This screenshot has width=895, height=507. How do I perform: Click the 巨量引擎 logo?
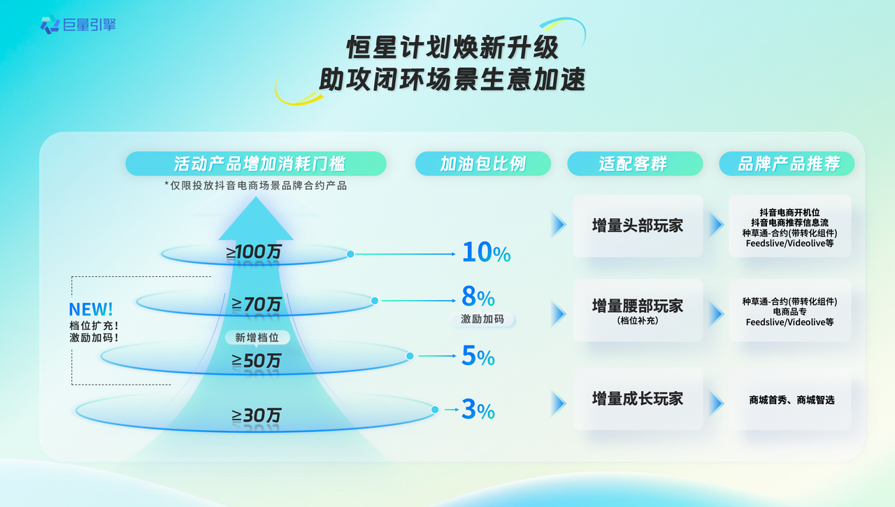coord(78,24)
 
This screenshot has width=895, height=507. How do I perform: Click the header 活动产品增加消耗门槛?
coord(256,164)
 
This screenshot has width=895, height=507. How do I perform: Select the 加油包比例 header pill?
coord(483,164)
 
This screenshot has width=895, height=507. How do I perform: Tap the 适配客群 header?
coord(635,164)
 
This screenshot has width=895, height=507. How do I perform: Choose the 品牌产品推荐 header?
coord(787,164)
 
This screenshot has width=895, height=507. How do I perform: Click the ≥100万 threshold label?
coord(254,252)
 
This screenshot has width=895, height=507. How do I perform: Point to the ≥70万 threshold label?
coord(257,304)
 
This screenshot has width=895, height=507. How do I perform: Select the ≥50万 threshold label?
coord(257,361)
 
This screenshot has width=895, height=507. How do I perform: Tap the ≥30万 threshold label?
coord(257,415)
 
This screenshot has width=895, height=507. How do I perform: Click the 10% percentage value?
coord(486,252)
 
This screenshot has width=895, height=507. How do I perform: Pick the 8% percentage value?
coord(478,297)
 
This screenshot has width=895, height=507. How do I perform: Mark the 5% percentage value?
coord(478,356)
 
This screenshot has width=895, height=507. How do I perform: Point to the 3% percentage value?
coord(478,410)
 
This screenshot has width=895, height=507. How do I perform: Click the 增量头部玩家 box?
coord(638,226)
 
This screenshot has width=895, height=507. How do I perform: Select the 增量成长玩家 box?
coord(638,399)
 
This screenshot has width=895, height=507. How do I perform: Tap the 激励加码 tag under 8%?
coord(482,319)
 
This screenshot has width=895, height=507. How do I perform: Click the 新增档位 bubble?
coord(257,338)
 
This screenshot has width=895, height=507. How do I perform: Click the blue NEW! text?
coord(91,309)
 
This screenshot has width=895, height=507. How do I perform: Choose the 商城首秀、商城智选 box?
coord(790,399)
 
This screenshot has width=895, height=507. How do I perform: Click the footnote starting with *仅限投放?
coord(256,186)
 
